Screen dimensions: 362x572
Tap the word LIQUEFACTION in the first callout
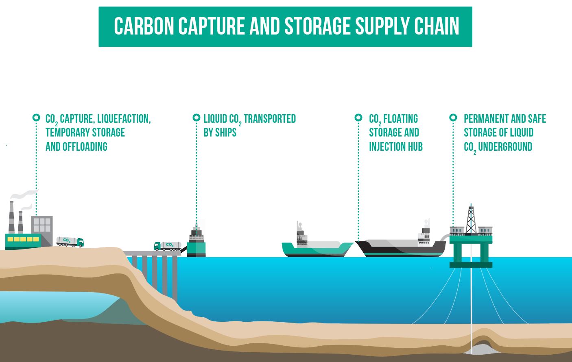(x=124, y=119)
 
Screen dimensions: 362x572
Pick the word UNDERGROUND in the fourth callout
(x=505, y=147)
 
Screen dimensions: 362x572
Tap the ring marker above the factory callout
(x=36, y=118)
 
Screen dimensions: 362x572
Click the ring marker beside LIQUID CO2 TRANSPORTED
(x=196, y=118)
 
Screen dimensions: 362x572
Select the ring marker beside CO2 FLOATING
(x=358, y=118)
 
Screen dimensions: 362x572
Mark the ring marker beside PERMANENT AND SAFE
(x=453, y=118)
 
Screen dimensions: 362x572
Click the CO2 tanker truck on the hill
(x=70, y=241)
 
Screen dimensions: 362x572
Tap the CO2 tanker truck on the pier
(x=167, y=246)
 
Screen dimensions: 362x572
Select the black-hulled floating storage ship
(x=401, y=248)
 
